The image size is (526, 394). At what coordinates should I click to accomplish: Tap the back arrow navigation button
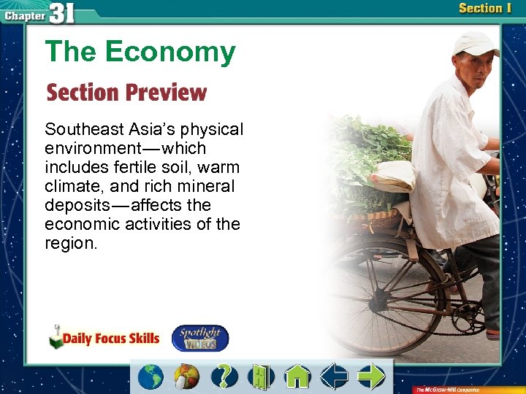point(335,376)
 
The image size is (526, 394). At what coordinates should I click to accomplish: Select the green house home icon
point(297,376)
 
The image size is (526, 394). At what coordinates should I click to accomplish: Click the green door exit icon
point(260,376)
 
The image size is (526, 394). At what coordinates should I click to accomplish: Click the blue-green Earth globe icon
point(151,376)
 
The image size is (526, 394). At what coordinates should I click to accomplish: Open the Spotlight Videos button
point(199,338)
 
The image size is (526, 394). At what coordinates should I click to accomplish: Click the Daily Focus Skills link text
point(110,338)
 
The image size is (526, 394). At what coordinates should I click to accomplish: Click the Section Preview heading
point(126,93)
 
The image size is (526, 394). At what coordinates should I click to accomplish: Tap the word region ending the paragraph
point(69,243)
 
